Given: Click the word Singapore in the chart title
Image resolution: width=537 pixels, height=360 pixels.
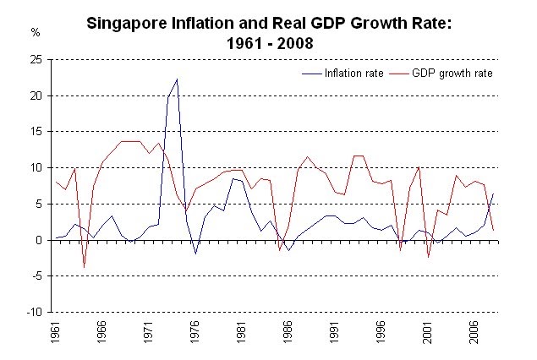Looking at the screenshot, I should pos(130,25).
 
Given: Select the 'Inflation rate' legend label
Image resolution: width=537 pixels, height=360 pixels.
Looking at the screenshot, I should pos(355,74).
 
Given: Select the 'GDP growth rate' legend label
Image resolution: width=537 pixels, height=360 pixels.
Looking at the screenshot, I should pos(453,74).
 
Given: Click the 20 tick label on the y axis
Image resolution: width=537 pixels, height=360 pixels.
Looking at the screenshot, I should pos(38,96).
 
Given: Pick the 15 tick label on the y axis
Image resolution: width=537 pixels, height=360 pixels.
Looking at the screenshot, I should pos(38,133).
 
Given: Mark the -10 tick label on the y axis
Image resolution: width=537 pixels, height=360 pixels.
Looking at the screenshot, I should pos(36,312).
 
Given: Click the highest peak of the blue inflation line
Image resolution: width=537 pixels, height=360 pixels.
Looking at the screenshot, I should pos(177,79).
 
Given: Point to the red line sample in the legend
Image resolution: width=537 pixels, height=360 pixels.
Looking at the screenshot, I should pos(402,74).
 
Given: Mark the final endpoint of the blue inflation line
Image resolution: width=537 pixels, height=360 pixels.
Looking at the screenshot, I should pos(493,194).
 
